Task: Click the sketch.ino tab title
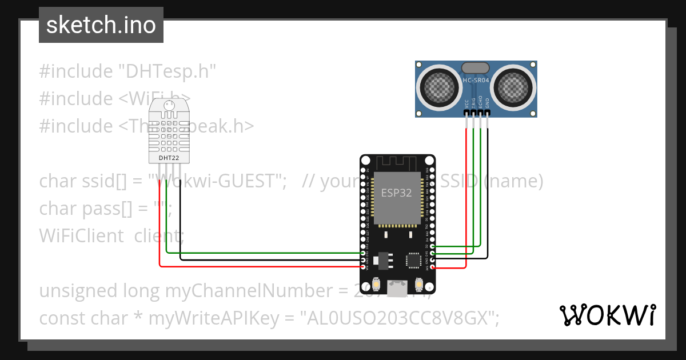[x=101, y=25]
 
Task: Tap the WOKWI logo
[x=607, y=315]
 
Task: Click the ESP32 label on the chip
[x=397, y=193]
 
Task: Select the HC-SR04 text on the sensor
[x=476, y=81]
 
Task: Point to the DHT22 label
[x=167, y=157]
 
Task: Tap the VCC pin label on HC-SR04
[x=467, y=104]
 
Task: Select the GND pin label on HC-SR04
[x=488, y=104]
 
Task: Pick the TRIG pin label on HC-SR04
[x=474, y=103]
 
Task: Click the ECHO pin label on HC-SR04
[x=481, y=103]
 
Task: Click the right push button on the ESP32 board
[x=418, y=283]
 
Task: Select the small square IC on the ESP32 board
[x=413, y=260]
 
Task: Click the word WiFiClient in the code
[x=81, y=235]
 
